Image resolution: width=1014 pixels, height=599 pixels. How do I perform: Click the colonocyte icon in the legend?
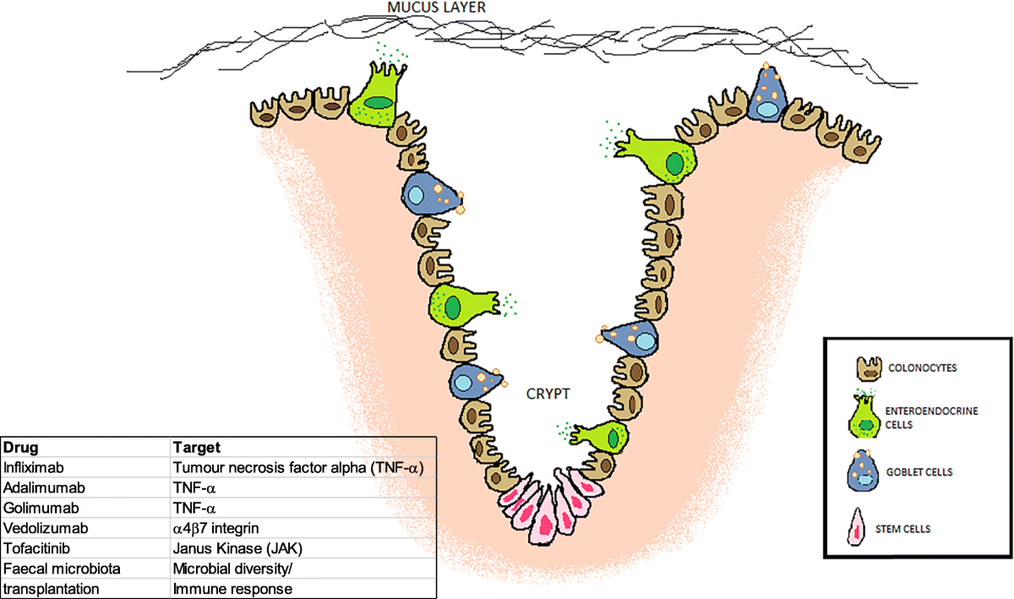[x=868, y=368]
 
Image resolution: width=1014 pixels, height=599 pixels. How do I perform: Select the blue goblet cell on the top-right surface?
[x=770, y=96]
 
